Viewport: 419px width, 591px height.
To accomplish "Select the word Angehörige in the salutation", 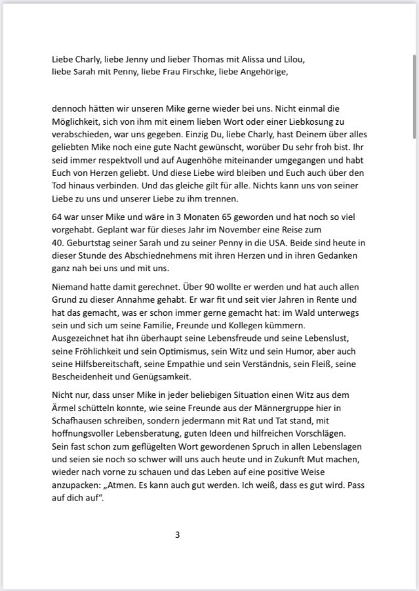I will click(x=264, y=72).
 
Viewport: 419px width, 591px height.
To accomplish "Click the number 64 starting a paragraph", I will click(x=58, y=217).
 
